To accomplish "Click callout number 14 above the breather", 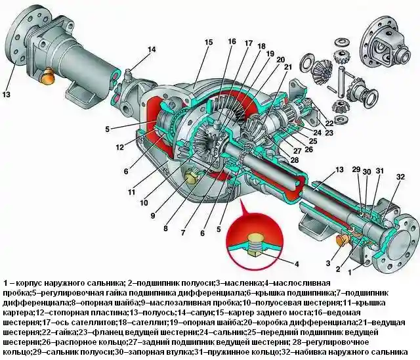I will coord(152,50).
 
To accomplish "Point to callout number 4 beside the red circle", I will coord(296,264).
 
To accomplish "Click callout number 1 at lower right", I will coord(353,271).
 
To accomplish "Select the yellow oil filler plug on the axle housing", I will coord(194,177).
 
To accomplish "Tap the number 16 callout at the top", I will coord(232,42).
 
